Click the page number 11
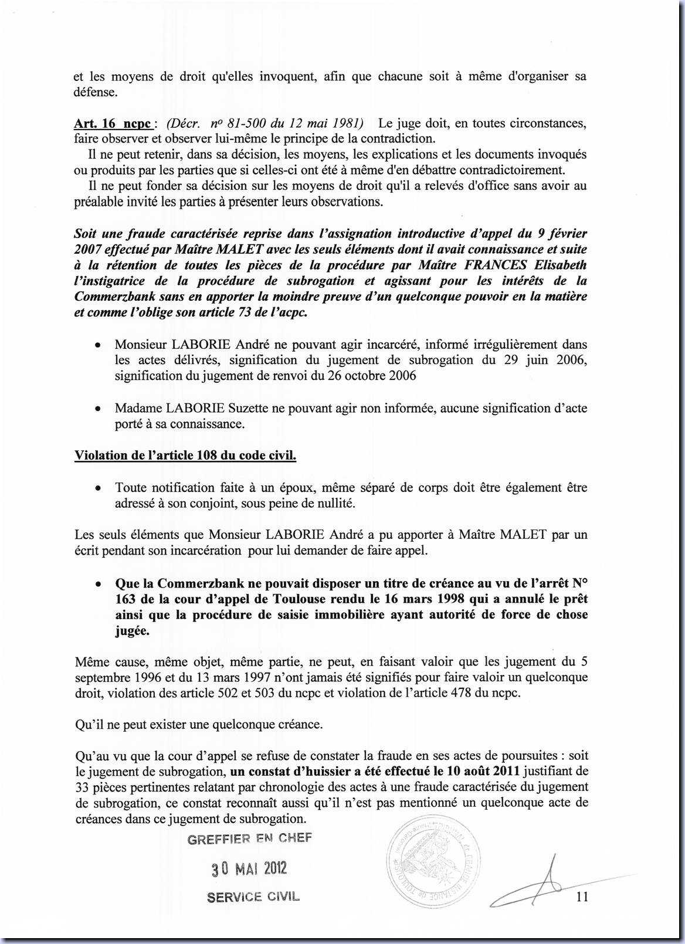coord(582,896)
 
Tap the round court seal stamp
coord(433,860)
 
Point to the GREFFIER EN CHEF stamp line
coord(249,838)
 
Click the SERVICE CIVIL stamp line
coord(253,897)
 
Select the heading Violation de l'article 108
coord(185,456)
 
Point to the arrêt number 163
coord(126,599)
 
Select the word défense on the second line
coord(96,92)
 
